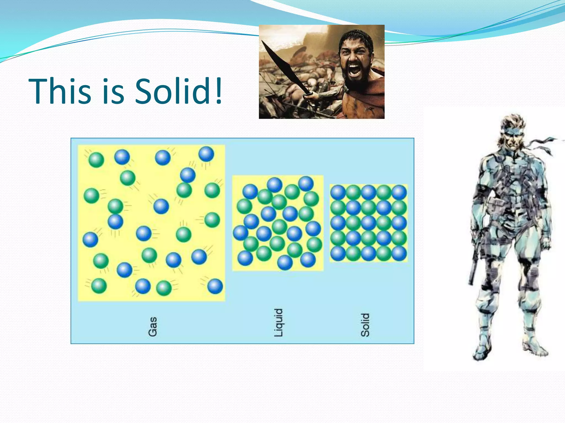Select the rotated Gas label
click(153, 327)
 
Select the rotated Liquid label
click(279, 322)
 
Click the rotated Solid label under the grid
click(365, 325)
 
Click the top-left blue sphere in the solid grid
click(338, 192)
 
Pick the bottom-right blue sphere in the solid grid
click(399, 253)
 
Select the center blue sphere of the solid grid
click(369, 223)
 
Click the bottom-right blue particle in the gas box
click(215, 286)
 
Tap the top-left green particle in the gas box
click(96, 160)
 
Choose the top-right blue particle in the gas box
click(206, 154)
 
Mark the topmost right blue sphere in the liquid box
click(306, 183)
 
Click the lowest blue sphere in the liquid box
click(285, 262)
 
